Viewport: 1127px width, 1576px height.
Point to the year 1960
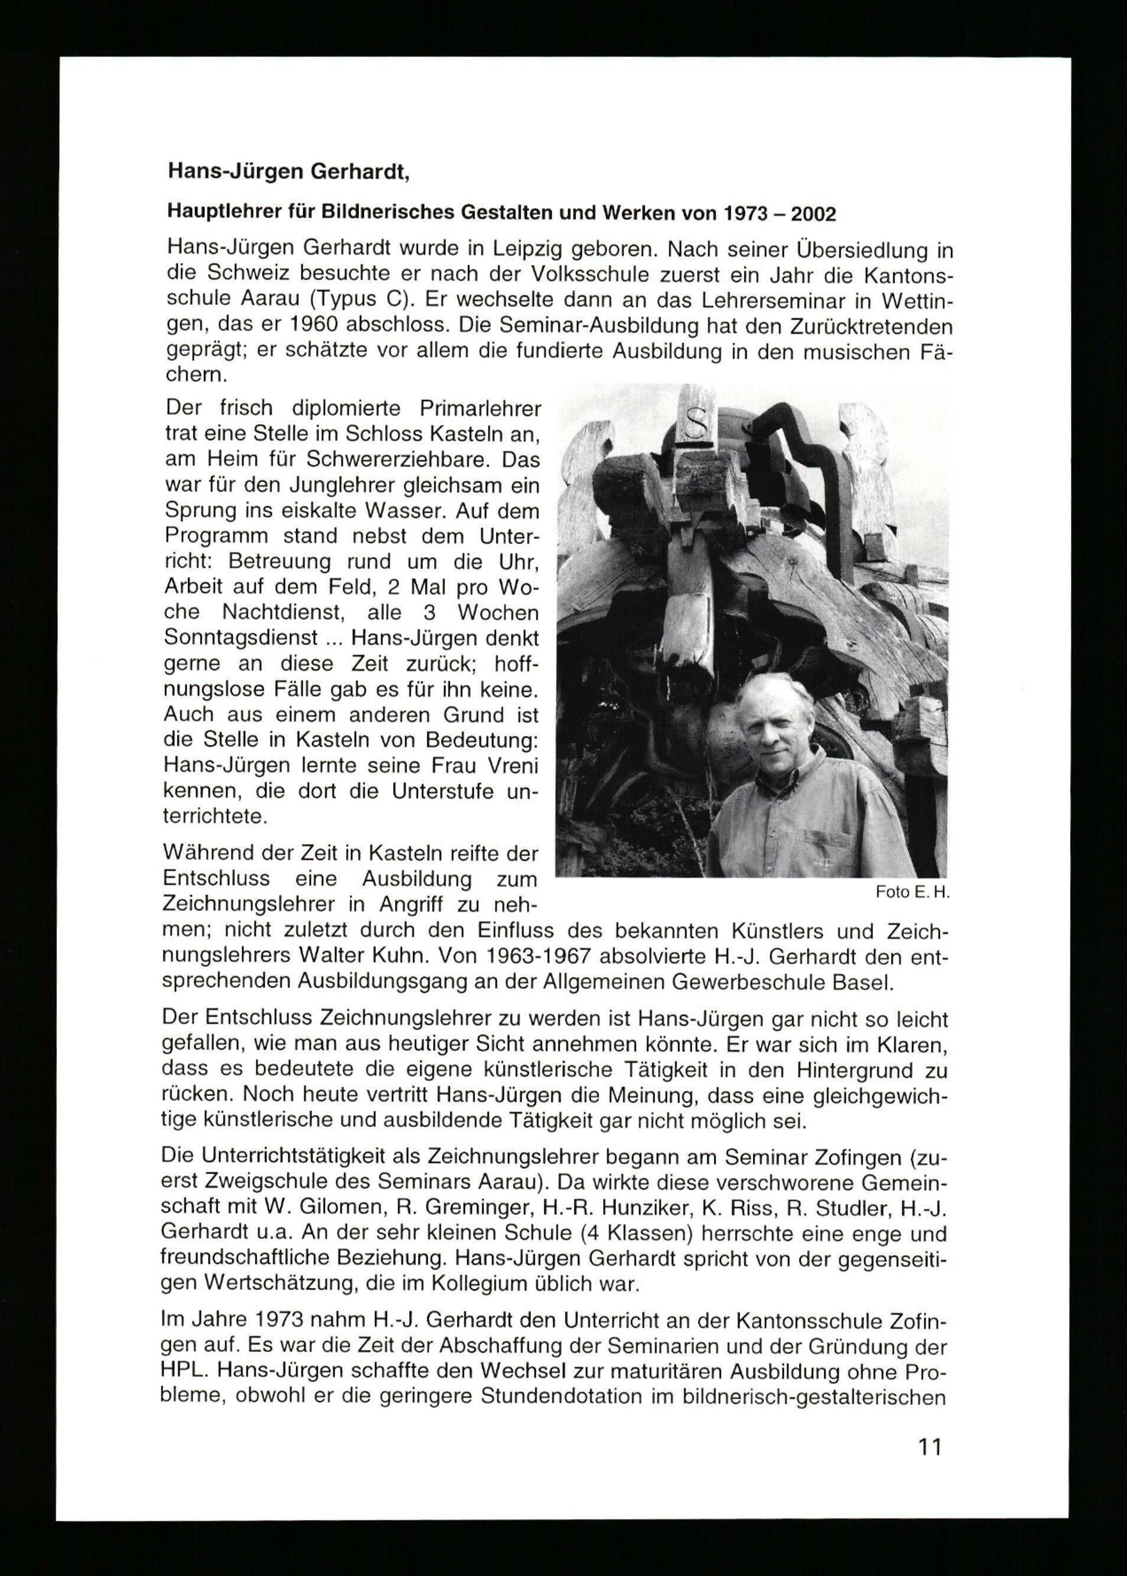pos(305,326)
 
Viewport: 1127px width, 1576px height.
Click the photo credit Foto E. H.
pos(912,893)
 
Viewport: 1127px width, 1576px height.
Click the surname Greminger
pos(461,1209)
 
